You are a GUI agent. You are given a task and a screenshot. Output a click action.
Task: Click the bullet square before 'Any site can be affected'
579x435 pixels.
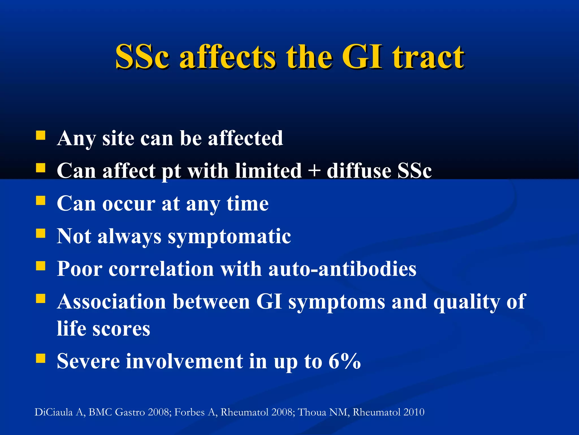pos(41,135)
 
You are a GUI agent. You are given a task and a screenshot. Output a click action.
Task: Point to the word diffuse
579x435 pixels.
pos(358,171)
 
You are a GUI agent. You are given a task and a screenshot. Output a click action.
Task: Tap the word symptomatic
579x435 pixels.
pos(229,236)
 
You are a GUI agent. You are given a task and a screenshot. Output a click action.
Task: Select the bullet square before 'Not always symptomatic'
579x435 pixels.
pos(41,233)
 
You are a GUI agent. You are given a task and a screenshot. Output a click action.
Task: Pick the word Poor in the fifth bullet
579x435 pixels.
pos(79,269)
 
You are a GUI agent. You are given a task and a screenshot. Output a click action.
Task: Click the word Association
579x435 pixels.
pos(111,301)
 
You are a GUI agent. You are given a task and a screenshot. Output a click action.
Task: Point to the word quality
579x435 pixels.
pos(466,302)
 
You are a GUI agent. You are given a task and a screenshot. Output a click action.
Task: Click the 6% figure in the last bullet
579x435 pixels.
pos(345,361)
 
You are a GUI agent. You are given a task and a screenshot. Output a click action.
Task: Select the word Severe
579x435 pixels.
pos(88,361)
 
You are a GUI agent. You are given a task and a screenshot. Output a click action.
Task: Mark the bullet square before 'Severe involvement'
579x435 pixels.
pos(41,358)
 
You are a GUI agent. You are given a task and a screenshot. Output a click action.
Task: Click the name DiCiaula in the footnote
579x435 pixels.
pos(54,412)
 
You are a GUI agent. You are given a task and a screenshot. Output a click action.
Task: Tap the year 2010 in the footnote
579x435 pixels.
pos(414,412)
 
